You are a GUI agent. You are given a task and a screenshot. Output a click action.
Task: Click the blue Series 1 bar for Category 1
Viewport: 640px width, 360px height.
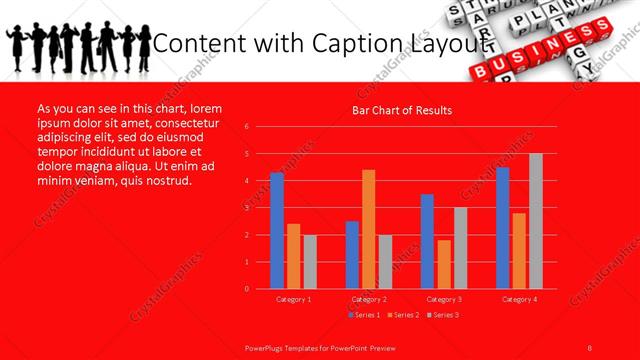[x=276, y=231]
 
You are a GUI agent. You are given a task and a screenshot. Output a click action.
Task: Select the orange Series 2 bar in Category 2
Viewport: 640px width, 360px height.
[x=368, y=229]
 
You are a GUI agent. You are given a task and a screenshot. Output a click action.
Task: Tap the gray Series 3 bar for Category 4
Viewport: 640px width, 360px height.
[x=536, y=221]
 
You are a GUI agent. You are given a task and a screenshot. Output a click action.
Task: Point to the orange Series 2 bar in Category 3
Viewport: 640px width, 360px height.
[x=443, y=264]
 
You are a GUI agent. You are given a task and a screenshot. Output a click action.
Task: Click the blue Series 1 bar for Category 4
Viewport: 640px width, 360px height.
[x=502, y=228]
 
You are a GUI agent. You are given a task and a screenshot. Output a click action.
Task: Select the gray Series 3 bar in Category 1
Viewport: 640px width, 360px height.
[x=310, y=262]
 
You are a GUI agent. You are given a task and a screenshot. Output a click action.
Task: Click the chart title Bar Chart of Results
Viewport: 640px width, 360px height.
[x=403, y=110]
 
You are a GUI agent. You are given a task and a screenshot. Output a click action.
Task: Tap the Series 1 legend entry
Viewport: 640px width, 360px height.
[x=364, y=315]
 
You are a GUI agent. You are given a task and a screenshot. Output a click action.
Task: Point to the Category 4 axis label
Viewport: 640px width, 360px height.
[x=519, y=299]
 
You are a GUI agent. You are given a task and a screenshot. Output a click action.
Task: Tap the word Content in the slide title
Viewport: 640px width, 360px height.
[x=201, y=44]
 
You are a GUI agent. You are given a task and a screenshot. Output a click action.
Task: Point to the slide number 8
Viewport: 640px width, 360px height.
[x=590, y=346]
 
